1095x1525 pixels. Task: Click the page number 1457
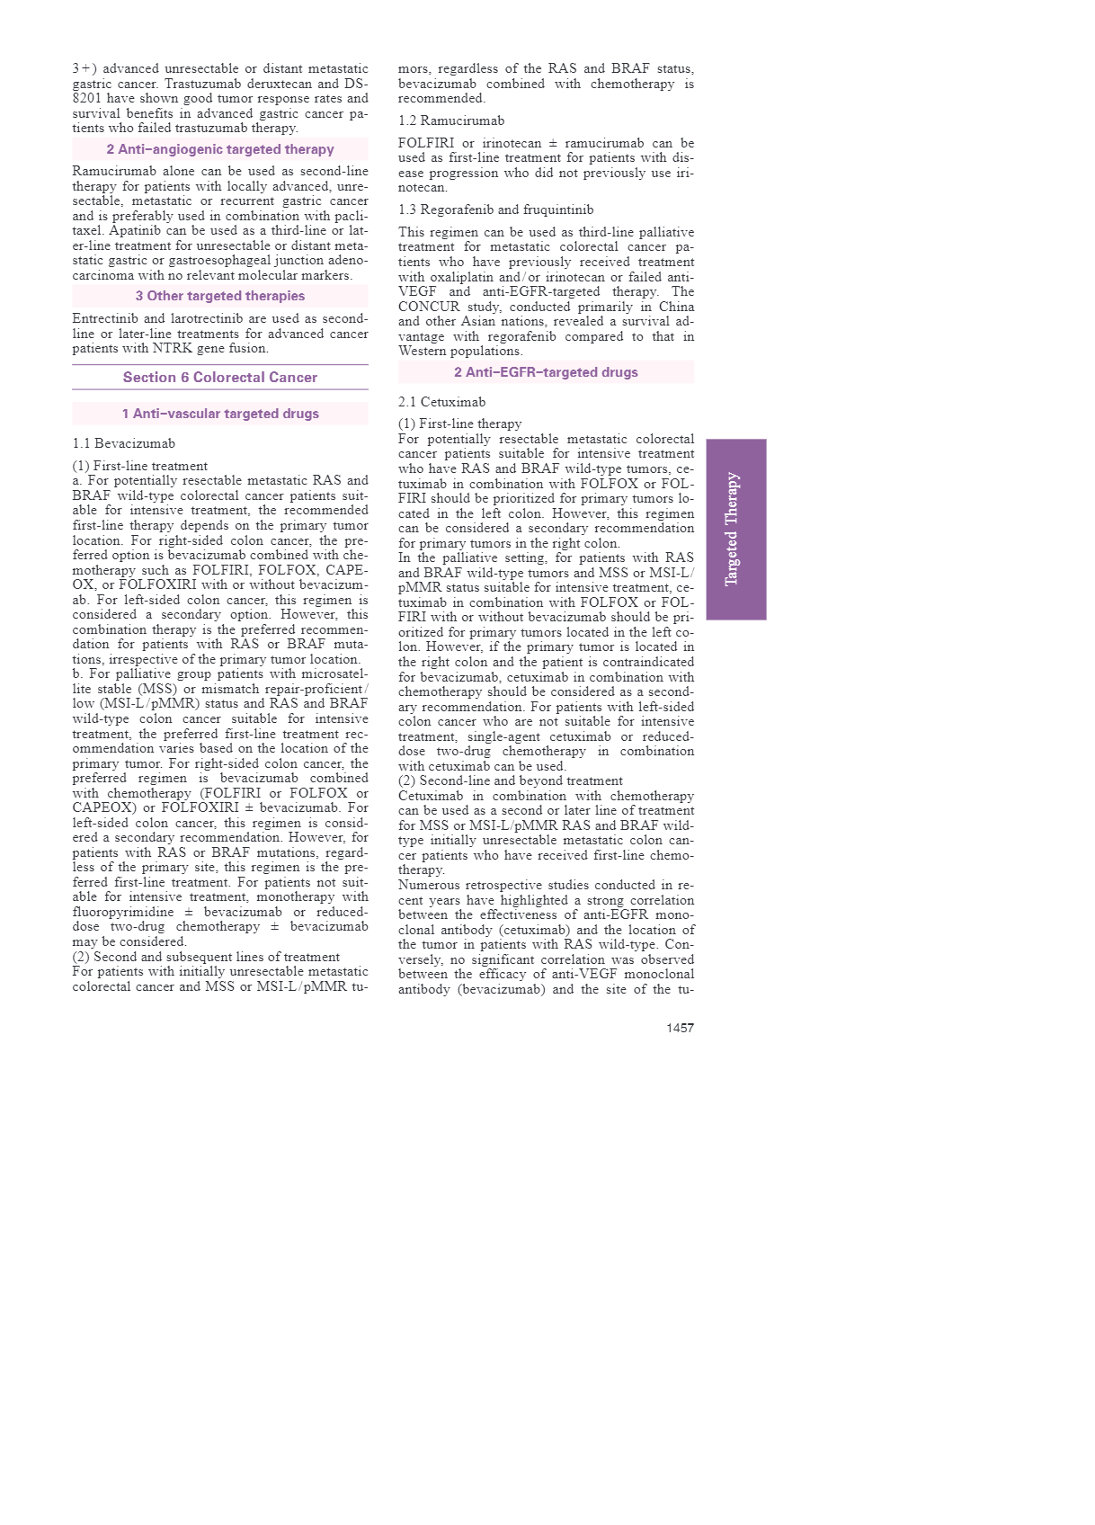[680, 1028]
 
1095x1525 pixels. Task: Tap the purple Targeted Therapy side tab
[735, 529]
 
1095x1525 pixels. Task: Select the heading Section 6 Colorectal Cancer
[220, 378]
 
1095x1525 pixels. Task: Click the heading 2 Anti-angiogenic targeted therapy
[220, 149]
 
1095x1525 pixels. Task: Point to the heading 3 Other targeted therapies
[220, 296]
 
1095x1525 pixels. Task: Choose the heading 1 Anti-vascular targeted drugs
[220, 414]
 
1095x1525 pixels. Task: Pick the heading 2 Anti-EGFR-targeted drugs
[546, 372]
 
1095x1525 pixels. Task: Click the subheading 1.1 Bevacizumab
[124, 443]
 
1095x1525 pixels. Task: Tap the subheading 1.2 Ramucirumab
[451, 120]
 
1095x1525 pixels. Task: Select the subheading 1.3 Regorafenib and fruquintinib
[495, 210]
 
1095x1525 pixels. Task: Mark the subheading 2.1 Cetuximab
[441, 402]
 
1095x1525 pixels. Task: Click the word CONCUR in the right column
[427, 307]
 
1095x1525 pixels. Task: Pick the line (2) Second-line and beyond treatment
[510, 780]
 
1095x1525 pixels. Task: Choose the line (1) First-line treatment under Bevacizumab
[139, 466]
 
